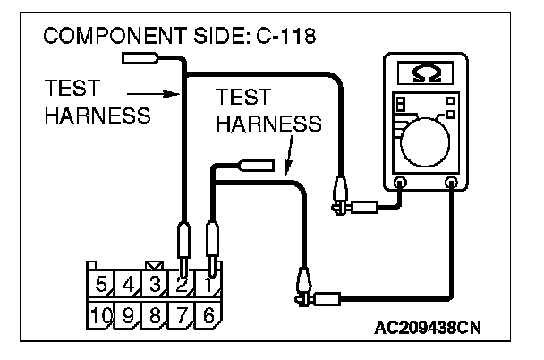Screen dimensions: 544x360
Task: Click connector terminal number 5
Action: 102,286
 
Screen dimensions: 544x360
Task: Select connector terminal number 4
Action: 128,286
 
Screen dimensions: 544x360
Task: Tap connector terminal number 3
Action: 154,286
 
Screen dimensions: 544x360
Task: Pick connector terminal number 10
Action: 102,315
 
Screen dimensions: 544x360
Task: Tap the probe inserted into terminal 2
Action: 182,246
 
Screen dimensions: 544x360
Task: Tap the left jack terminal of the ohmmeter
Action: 400,183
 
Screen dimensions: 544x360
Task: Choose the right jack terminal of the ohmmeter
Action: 451,183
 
